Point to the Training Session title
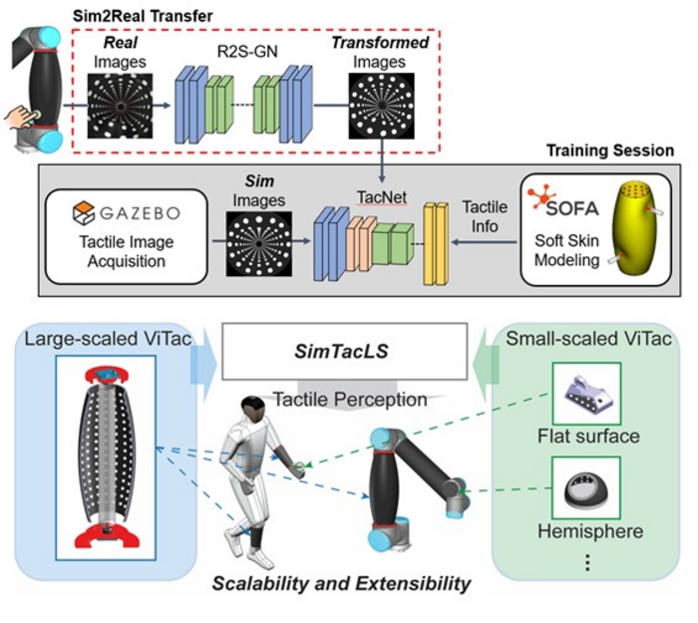point(609,151)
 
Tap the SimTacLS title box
point(345,352)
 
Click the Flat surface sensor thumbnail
point(587,393)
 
